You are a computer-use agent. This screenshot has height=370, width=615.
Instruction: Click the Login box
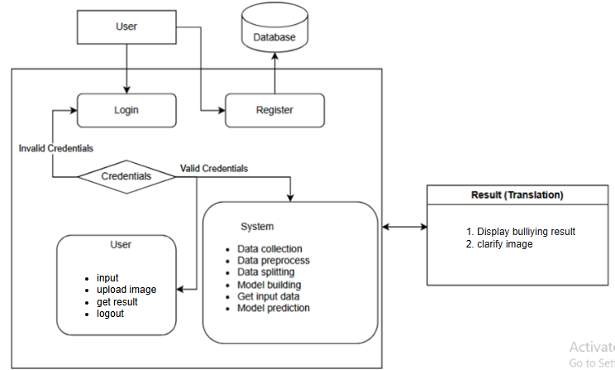pos(126,110)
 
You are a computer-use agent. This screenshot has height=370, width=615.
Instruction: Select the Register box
pos(274,110)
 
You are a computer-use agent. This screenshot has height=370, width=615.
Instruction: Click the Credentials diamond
pos(126,176)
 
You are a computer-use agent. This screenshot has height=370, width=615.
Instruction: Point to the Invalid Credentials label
pos(56,149)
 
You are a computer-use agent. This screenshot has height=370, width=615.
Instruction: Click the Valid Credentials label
pos(214,168)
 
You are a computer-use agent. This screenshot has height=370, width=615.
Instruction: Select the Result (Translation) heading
pos(518,195)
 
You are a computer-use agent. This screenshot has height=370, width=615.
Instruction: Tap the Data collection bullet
pos(269,249)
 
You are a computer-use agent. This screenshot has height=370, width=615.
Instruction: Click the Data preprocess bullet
pos(273,261)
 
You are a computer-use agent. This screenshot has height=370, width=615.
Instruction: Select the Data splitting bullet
pos(265,272)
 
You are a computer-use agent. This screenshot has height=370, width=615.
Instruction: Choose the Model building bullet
pos(268,285)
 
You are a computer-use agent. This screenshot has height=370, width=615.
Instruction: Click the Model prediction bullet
pos(273,308)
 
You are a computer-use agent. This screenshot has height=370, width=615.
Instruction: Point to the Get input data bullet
pos(268,296)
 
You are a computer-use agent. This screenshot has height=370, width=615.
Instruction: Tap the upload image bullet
pos(126,290)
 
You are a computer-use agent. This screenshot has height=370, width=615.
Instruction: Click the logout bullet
pos(110,314)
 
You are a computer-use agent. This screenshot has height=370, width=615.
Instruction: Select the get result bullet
pos(117,302)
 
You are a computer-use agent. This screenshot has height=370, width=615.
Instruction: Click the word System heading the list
pos(257,227)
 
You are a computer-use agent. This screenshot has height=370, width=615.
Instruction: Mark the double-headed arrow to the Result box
pos(403,226)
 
